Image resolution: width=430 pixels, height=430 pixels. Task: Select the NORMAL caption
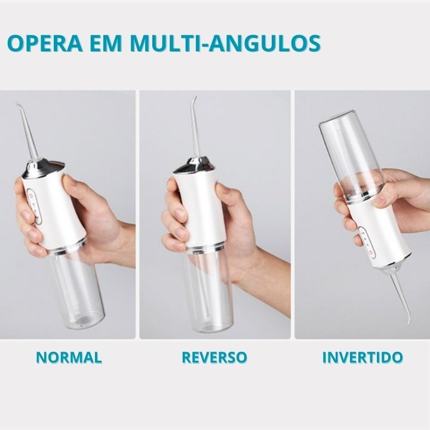(x=69, y=357)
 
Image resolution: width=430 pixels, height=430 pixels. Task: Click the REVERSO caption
(x=214, y=357)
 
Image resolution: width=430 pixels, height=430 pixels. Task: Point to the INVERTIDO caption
(x=363, y=357)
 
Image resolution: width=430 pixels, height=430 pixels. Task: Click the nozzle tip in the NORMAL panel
(x=17, y=104)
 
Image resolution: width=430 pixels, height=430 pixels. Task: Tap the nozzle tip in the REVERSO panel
(x=195, y=97)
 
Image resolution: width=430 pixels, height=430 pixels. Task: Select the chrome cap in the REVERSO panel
(x=195, y=165)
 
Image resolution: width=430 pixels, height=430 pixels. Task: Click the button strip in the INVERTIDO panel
(x=367, y=242)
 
